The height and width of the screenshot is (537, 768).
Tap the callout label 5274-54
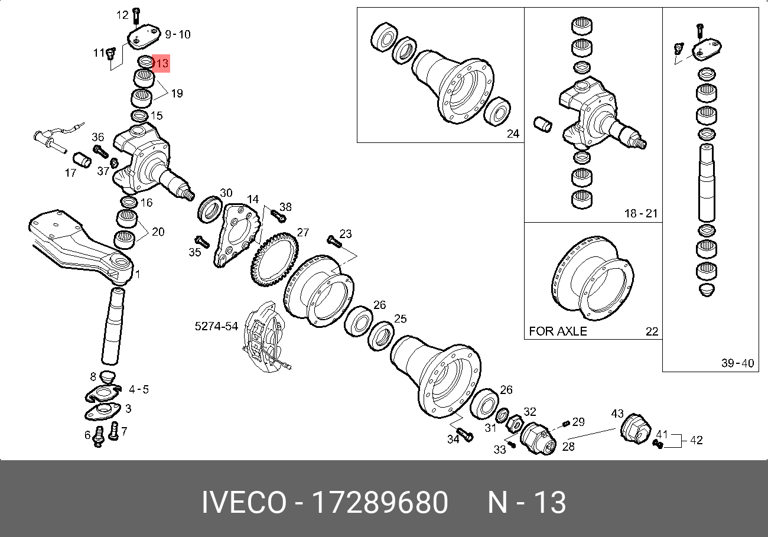point(216,326)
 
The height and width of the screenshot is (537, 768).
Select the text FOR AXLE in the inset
point(558,331)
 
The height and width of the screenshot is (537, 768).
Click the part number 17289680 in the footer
point(379,502)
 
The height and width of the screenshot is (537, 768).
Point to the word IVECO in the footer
point(244,502)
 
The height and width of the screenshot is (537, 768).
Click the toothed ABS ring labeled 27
point(275,259)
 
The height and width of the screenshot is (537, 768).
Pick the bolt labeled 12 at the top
point(136,16)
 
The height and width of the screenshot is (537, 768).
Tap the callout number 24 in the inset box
point(513,134)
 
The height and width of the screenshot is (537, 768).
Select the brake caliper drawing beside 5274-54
point(265,337)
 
